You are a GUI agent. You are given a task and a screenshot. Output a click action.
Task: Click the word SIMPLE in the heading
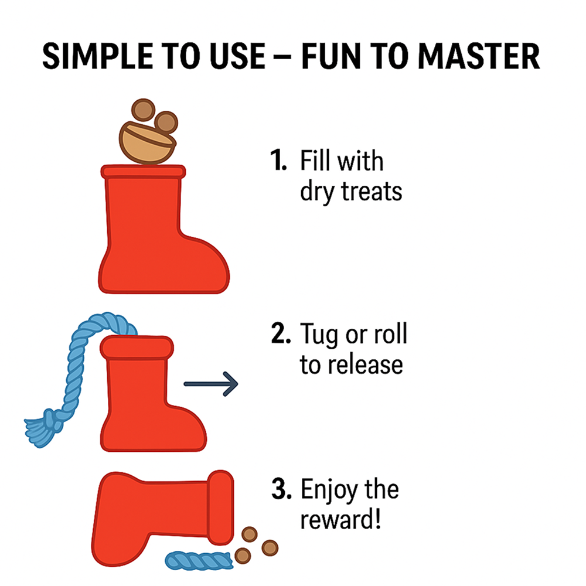point(97,56)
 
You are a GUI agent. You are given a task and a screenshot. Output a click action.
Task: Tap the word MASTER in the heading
point(479,56)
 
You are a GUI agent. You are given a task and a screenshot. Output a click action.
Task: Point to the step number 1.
point(278,160)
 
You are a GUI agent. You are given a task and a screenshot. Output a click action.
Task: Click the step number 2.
point(281,333)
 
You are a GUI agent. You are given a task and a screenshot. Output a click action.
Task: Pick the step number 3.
point(281,488)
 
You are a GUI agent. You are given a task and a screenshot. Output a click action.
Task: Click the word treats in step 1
point(372,191)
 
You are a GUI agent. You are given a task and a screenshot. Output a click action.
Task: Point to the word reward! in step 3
point(340,519)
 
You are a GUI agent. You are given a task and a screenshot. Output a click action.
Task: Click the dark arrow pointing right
point(211,384)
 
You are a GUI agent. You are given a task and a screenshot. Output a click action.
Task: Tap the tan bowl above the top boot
point(147,143)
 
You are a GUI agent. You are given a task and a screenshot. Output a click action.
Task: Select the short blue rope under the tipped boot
point(199,560)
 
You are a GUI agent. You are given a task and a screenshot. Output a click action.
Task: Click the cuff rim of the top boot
point(143,171)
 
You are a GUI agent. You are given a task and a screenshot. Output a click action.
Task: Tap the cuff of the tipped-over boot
point(220,507)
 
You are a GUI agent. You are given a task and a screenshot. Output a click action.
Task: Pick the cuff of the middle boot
point(137,347)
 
